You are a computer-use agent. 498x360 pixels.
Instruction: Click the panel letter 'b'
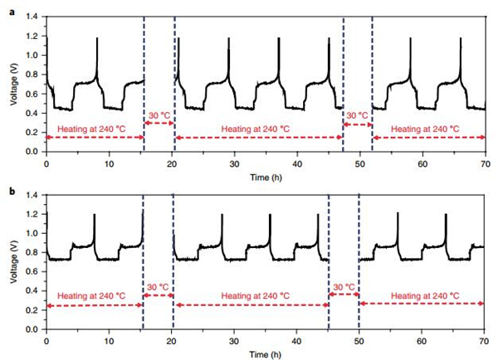[11, 190]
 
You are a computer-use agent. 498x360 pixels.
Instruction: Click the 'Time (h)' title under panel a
[266, 178]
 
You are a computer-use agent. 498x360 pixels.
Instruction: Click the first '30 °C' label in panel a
[159, 115]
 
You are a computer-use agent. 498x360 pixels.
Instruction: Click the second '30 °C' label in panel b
[344, 287]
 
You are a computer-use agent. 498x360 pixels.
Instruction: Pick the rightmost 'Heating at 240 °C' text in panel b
[423, 295]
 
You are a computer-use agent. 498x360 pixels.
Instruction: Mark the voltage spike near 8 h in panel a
[97, 39]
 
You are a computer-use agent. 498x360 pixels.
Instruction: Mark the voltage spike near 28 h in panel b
[222, 217]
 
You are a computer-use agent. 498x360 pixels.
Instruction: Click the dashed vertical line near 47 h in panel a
[343, 83]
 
